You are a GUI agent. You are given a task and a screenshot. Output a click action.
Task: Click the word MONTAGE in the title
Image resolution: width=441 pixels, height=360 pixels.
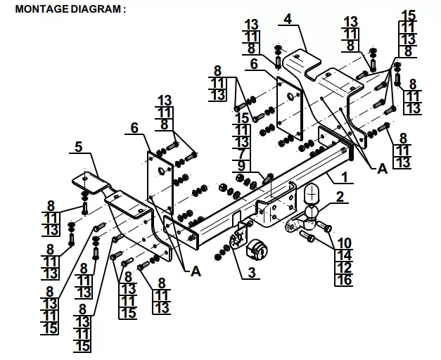[x=42, y=8]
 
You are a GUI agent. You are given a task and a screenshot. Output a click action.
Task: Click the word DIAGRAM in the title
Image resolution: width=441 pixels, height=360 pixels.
[x=96, y=8]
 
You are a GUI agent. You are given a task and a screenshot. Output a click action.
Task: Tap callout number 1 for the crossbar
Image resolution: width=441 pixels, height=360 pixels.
[x=345, y=177]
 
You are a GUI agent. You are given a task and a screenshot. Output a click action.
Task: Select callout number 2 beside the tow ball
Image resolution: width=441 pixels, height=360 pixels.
[x=340, y=197]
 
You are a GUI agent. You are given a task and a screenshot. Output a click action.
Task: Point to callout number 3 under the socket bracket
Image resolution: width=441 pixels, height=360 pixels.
[x=252, y=272]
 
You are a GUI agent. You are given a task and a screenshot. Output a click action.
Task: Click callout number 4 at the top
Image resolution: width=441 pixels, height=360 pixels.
[x=288, y=19]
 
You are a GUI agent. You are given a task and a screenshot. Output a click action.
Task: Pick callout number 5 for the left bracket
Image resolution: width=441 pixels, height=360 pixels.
[x=79, y=147]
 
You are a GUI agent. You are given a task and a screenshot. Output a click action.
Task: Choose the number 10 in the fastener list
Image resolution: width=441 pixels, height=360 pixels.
[x=344, y=243]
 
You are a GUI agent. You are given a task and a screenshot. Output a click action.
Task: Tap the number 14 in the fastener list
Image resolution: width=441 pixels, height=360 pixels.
[x=344, y=255]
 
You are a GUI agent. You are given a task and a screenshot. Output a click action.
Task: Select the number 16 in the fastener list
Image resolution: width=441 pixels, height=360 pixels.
[x=344, y=280]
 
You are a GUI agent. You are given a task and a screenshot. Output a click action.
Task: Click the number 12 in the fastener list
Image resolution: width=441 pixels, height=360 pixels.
[x=344, y=267]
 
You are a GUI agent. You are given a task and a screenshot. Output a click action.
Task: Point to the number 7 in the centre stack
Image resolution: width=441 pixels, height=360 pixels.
[x=241, y=154]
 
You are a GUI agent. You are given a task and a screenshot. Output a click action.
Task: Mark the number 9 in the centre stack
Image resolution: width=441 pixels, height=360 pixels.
[x=241, y=166]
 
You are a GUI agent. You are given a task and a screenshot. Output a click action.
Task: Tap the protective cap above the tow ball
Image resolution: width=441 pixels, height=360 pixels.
[x=312, y=194]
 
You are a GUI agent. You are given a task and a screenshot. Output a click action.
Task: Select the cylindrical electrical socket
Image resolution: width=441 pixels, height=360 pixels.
[x=257, y=250]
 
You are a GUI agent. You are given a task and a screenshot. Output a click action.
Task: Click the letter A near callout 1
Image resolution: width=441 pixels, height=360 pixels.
[x=382, y=169]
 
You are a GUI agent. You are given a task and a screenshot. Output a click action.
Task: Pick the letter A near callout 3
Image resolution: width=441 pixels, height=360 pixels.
[x=196, y=271]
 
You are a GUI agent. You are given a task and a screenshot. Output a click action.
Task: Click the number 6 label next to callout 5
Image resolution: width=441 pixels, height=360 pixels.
[x=134, y=128]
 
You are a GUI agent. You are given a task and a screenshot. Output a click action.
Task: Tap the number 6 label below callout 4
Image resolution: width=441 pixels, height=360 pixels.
[x=254, y=64]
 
